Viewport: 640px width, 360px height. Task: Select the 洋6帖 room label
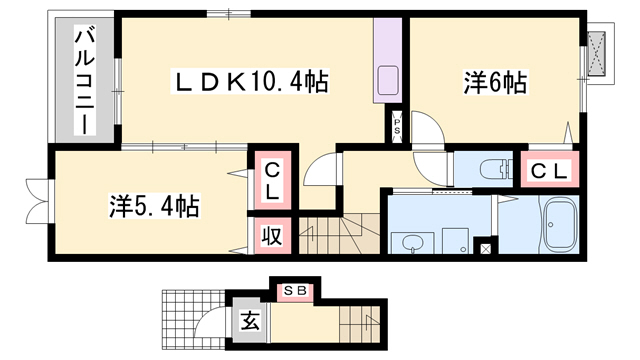click(x=495, y=82)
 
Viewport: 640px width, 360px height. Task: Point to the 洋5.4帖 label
click(x=153, y=207)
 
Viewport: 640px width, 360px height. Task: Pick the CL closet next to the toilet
click(x=546, y=170)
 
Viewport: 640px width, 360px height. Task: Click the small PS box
click(x=397, y=126)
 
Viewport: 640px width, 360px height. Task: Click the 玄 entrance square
click(x=247, y=322)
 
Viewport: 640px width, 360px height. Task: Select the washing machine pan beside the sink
click(x=456, y=240)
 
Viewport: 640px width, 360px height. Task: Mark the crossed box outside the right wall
click(x=597, y=50)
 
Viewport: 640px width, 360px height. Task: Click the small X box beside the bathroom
click(x=486, y=247)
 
